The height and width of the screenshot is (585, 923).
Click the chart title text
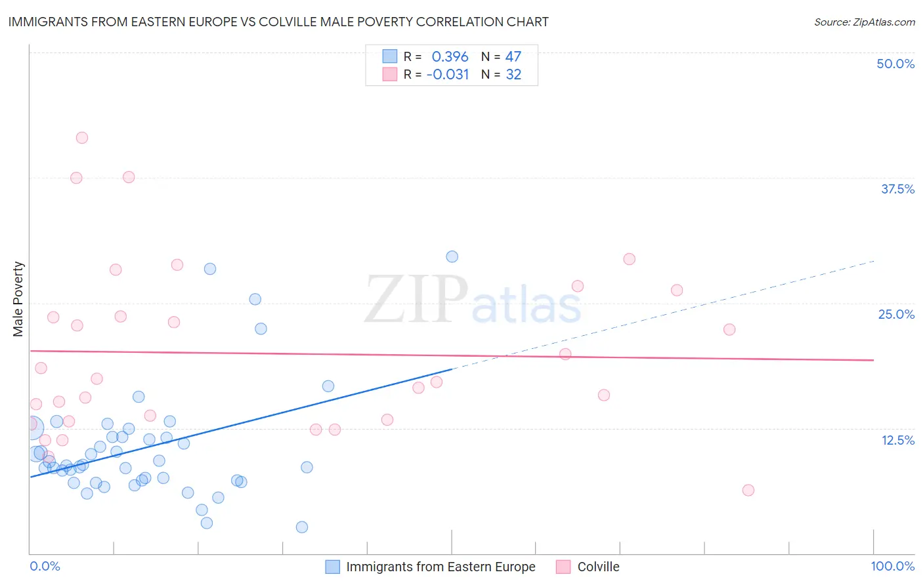tap(278, 22)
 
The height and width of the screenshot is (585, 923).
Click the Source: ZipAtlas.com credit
tap(864, 22)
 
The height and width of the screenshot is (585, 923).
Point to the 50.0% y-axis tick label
tap(895, 64)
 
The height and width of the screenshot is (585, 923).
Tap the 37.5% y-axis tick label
tap(897, 189)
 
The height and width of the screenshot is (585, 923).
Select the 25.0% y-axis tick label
tap(896, 314)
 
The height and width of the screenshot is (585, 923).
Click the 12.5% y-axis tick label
tap(897, 440)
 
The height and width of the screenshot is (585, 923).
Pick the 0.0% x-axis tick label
tap(45, 566)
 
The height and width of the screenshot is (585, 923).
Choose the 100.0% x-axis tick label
tap(892, 566)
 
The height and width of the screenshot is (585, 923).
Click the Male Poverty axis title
tap(18, 299)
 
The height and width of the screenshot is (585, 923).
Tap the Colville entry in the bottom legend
tap(598, 567)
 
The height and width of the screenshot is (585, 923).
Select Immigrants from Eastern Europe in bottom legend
tap(440, 567)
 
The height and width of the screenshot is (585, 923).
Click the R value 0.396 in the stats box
tap(450, 57)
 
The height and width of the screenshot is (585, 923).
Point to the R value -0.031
tap(448, 75)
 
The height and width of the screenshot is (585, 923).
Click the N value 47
tap(513, 57)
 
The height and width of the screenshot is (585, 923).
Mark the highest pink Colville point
tap(82, 138)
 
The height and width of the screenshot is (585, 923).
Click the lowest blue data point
tap(302, 527)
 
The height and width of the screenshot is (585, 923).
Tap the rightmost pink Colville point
tap(748, 490)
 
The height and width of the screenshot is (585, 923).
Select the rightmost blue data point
tap(452, 256)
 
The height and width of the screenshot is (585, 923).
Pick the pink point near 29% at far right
tap(630, 259)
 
